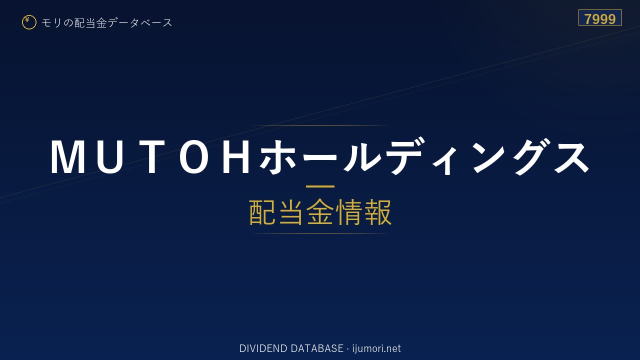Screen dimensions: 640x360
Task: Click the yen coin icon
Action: click(x=29, y=22)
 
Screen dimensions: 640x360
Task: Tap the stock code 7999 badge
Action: click(x=600, y=17)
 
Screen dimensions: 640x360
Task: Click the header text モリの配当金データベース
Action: click(x=107, y=23)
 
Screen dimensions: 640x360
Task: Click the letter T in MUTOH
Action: click(x=153, y=156)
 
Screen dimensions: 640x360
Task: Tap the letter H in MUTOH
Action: click(x=236, y=156)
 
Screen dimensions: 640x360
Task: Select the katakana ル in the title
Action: click(x=361, y=156)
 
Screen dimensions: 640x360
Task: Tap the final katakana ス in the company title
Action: click(x=571, y=156)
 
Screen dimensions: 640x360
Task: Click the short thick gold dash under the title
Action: click(x=320, y=186)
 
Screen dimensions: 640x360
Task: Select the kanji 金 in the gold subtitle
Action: click(x=320, y=212)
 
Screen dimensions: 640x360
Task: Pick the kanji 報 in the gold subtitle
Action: click(x=377, y=212)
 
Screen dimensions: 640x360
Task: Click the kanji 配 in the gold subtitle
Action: click(x=262, y=212)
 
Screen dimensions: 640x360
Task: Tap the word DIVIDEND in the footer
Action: click(x=263, y=348)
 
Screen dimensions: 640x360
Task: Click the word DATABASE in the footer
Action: click(x=317, y=348)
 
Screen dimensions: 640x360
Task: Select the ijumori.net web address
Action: click(x=376, y=348)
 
